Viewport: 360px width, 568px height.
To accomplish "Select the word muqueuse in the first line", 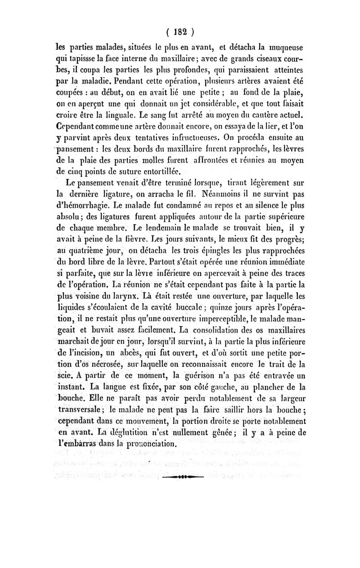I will point(287,46).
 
